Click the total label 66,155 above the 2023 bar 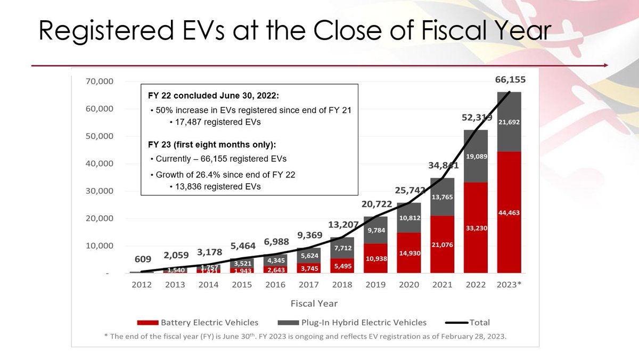(509, 80)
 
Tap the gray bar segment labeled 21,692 (510, 122)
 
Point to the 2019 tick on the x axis (375, 284)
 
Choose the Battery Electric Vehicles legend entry (198, 322)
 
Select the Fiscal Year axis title (314, 303)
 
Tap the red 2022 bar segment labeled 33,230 (476, 228)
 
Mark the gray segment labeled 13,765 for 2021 (443, 197)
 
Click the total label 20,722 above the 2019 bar (376, 204)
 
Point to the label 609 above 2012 (142, 260)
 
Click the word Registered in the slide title (104, 31)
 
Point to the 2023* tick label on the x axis (510, 284)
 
